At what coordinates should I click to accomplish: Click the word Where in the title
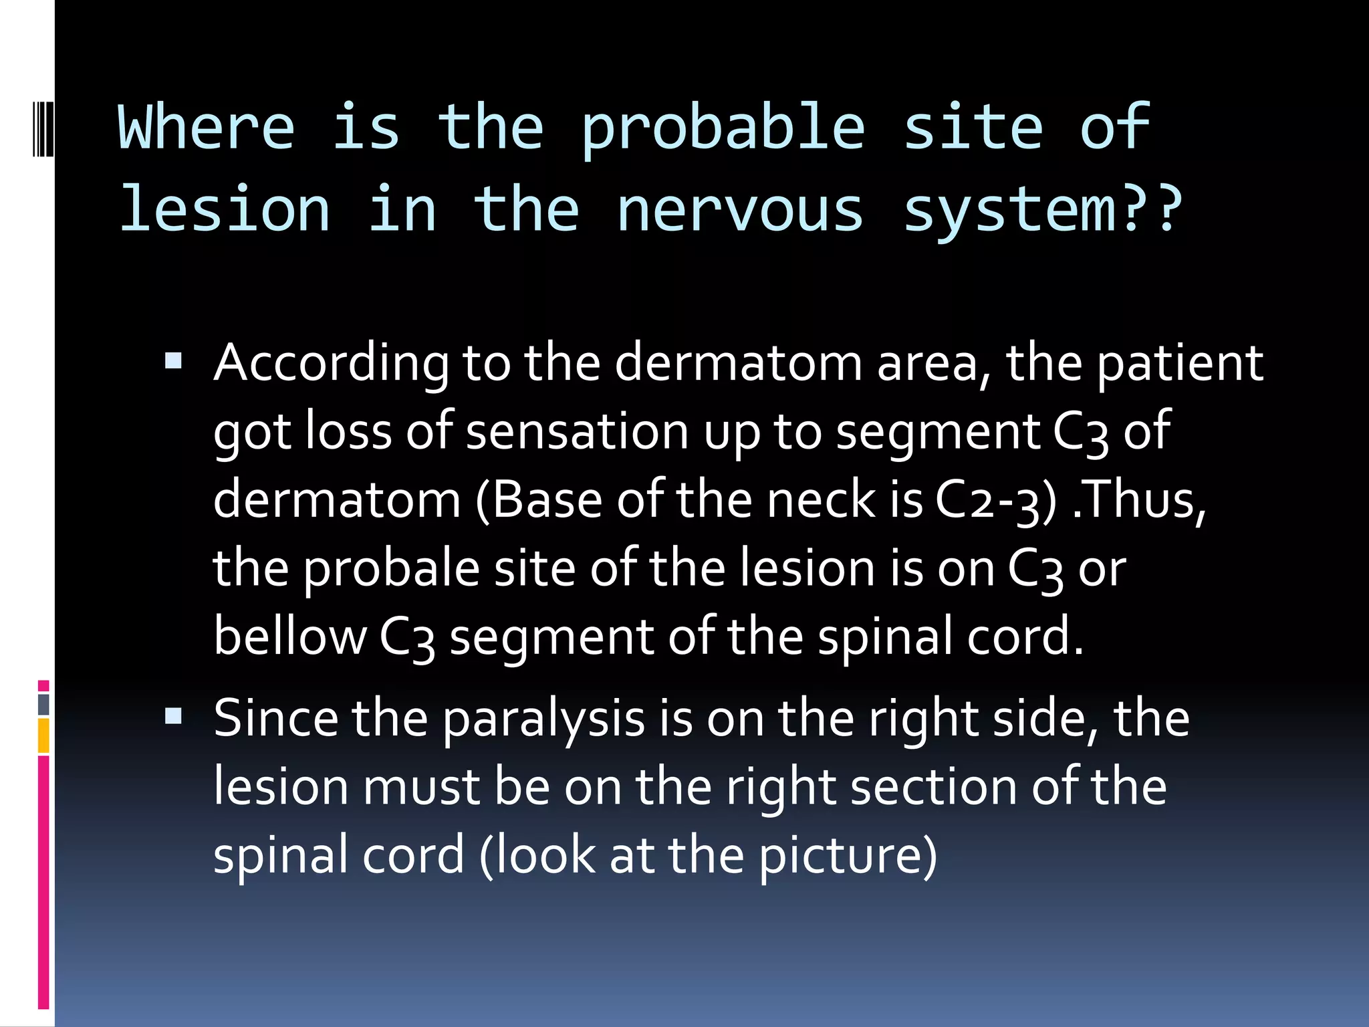point(206,127)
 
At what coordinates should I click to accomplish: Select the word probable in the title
point(723,129)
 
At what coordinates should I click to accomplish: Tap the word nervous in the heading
point(740,211)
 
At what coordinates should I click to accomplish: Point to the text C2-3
point(992,501)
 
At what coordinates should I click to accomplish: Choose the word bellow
point(289,637)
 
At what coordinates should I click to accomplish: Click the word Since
point(275,719)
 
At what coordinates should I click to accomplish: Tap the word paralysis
point(543,721)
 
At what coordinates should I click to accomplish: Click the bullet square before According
point(173,362)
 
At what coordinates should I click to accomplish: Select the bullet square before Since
point(173,717)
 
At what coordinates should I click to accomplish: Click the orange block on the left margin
point(43,735)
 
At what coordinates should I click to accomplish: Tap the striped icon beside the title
point(43,127)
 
